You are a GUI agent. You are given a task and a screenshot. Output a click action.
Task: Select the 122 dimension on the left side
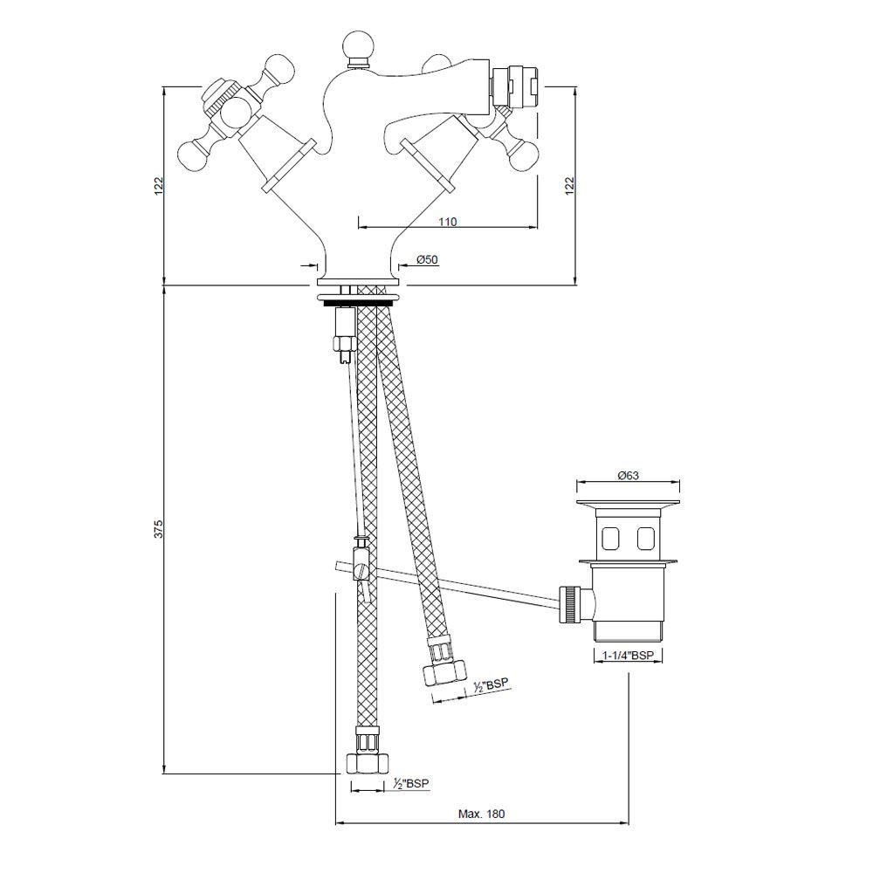(159, 185)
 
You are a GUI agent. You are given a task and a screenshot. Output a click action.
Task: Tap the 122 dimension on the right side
(569, 185)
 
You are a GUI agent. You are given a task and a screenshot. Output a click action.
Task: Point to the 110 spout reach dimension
(447, 222)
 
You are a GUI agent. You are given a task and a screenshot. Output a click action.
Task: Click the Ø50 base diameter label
(427, 259)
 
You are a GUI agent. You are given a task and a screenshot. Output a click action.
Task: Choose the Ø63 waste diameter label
(629, 475)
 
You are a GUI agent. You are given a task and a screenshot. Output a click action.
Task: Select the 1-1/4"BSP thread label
(629, 655)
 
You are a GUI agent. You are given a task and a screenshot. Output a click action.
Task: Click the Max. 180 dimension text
(482, 813)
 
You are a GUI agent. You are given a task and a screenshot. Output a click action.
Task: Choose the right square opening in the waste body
(646, 538)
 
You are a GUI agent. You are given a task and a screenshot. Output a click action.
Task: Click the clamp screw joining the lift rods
(361, 572)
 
